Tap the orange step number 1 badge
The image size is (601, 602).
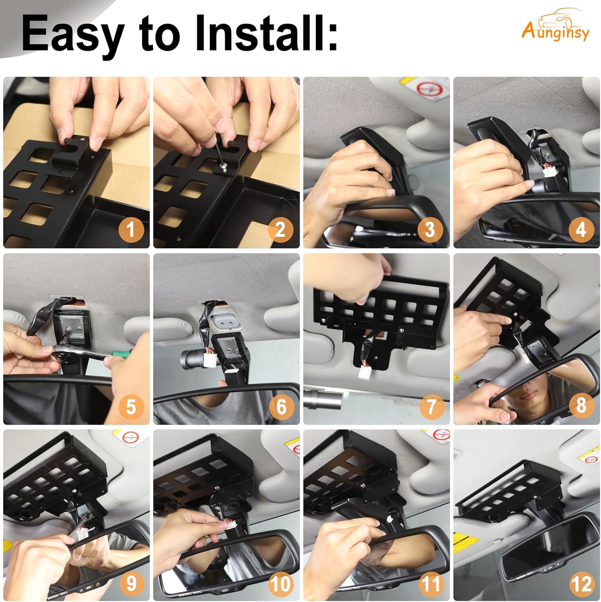coord(130,230)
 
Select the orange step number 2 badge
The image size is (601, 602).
coord(280,230)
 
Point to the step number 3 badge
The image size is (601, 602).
coord(430,230)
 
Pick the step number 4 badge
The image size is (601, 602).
coord(581,230)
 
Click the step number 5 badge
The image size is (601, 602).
coord(130,406)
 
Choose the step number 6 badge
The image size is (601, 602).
coord(280,406)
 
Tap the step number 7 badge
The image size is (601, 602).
coord(430,406)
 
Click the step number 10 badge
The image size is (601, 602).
coord(280,583)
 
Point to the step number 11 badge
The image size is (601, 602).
coord(430,583)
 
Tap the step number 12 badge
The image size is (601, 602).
coord(581,583)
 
